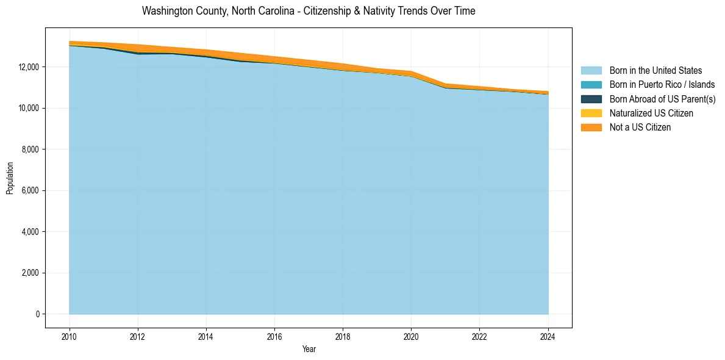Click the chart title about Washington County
point(309,11)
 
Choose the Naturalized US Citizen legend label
point(651,113)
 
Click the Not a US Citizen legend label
point(640,128)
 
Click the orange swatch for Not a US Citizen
point(591,128)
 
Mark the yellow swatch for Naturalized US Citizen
point(591,113)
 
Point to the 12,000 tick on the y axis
point(28,67)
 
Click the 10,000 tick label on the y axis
point(28,108)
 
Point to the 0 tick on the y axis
point(37,314)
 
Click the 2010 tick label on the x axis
point(70,336)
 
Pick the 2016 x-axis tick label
point(274,336)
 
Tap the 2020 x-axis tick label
point(411,336)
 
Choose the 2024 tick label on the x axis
point(548,336)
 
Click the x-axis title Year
point(309,349)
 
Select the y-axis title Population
point(10,178)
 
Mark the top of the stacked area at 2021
point(446,84)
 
